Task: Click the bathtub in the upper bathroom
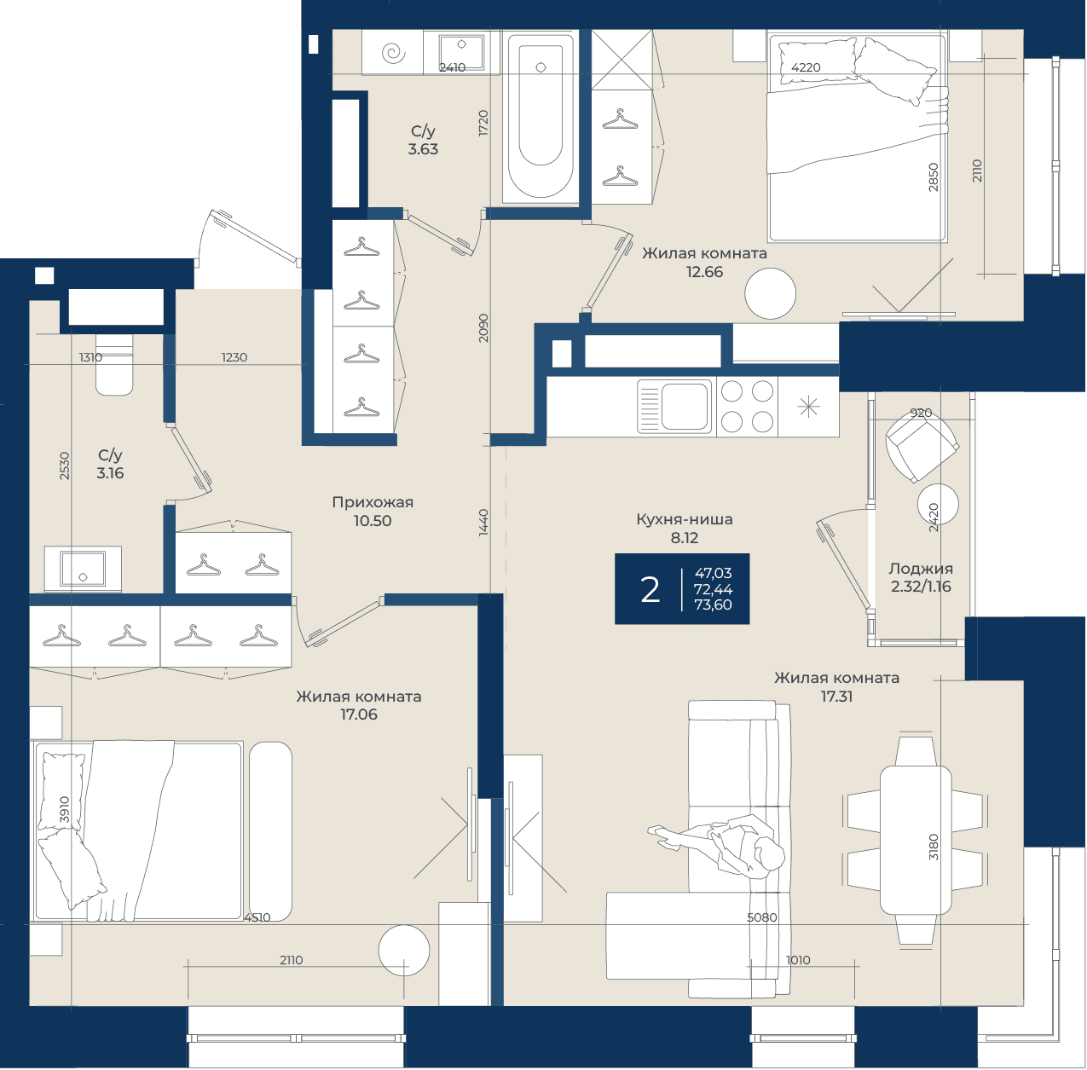coord(541,118)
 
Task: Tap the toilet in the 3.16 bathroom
coord(114,364)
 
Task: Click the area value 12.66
coord(704,272)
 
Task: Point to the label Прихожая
coord(373,502)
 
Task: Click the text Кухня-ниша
coord(685,519)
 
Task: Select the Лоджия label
coord(921,569)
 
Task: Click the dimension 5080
coord(761,917)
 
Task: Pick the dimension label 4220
coord(806,67)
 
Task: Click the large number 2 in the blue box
coord(650,590)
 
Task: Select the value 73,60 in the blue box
coord(713,605)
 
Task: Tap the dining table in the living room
coord(915,841)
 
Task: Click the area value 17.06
coord(359,714)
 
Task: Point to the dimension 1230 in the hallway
coord(234,357)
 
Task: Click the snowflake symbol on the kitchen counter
coord(808,407)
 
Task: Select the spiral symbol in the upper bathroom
coord(393,53)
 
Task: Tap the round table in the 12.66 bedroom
coord(770,294)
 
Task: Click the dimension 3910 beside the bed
coord(64,809)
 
